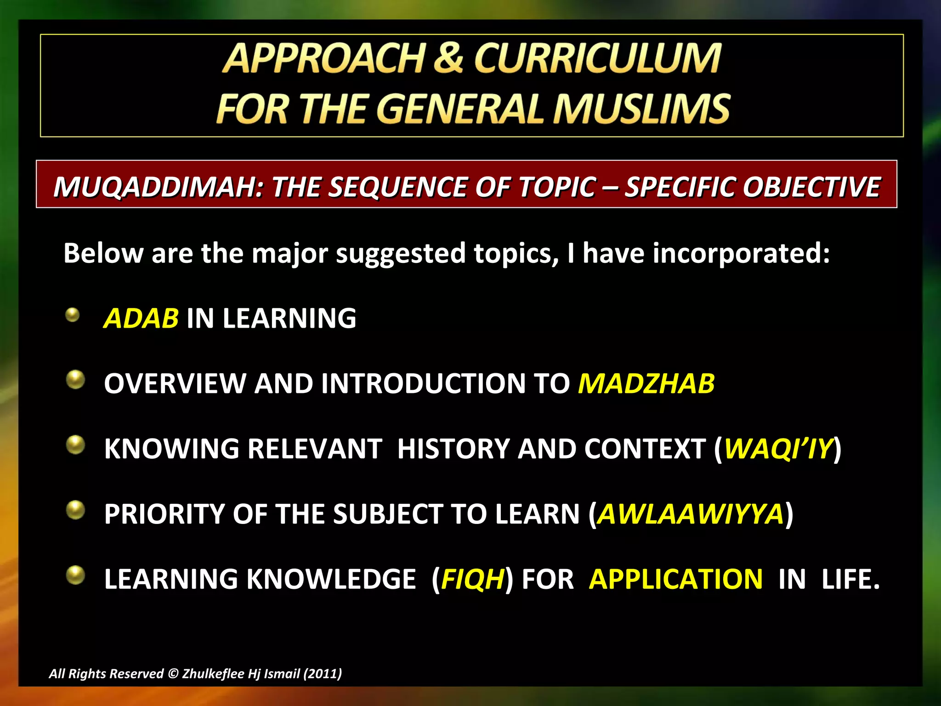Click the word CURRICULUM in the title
pyautogui.click(x=597, y=58)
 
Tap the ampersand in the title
pyautogui.click(x=448, y=58)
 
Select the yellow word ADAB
pyautogui.click(x=141, y=318)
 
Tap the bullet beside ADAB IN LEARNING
pyautogui.click(x=73, y=315)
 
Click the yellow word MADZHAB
pyautogui.click(x=646, y=383)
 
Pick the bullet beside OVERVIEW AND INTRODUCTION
pyautogui.click(x=75, y=380)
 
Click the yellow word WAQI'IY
pyautogui.click(x=778, y=449)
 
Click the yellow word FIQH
pyautogui.click(x=473, y=579)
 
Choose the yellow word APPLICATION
pyautogui.click(x=675, y=579)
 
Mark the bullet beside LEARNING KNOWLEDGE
pyautogui.click(x=75, y=575)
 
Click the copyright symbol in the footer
pyautogui.click(x=173, y=674)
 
